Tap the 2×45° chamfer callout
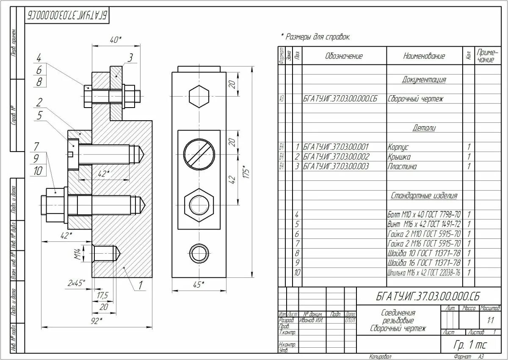coord(76,282)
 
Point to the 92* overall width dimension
coord(97,321)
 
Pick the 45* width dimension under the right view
coord(197,285)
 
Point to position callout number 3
coord(130,58)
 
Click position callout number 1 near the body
coord(140,285)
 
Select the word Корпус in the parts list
coord(398,147)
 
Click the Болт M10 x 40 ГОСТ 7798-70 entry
coord(424,215)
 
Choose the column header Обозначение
coord(344,56)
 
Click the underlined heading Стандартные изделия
coord(424,196)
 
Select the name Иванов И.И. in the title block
coord(311,320)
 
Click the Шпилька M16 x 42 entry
coord(424,273)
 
